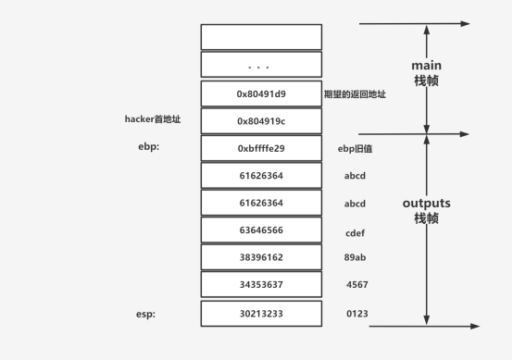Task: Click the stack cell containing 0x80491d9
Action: point(261,93)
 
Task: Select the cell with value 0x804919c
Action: point(261,121)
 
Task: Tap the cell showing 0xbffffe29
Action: point(261,148)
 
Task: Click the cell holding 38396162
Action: point(261,258)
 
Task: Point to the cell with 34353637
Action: point(261,286)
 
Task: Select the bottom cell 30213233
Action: point(261,314)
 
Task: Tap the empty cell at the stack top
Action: point(261,37)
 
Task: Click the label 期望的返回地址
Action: point(355,93)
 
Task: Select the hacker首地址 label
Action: point(155,119)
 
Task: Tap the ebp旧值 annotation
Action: point(355,148)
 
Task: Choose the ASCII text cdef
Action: point(355,231)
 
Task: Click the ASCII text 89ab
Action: point(355,258)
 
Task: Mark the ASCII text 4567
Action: point(357,286)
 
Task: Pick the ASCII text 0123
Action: point(357,314)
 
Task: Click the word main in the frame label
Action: point(426,66)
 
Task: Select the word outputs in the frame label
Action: point(426,203)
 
